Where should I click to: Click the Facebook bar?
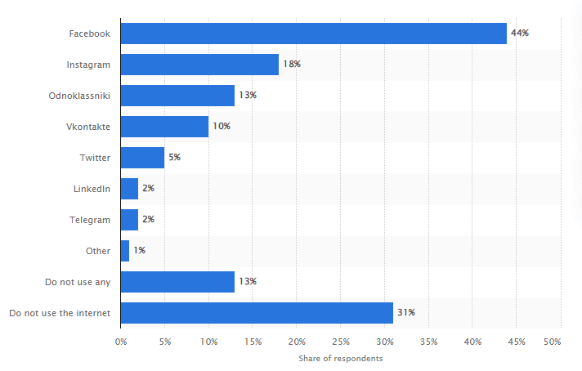pyautogui.click(x=313, y=34)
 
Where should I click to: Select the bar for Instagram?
pyautogui.click(x=199, y=65)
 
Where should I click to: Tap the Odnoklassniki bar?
pyautogui.click(x=177, y=96)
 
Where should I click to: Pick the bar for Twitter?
pyautogui.click(x=142, y=157)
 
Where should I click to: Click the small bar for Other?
pyautogui.click(x=125, y=250)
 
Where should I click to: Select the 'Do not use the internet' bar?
pyautogui.click(x=257, y=312)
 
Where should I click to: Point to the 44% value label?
pyautogui.click(x=520, y=34)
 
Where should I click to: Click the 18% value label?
pyautogui.click(x=291, y=65)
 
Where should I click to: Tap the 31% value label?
pyautogui.click(x=405, y=312)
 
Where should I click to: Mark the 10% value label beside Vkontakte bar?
pyautogui.click(x=221, y=127)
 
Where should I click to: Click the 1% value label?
pyautogui.click(x=139, y=250)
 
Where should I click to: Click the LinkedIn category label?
pyautogui.click(x=92, y=189)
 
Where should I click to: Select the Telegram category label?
pyautogui.click(x=90, y=219)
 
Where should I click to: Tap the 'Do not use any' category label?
pyautogui.click(x=78, y=281)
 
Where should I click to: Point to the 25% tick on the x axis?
pyautogui.click(x=341, y=341)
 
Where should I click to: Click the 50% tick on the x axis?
pyautogui.click(x=552, y=341)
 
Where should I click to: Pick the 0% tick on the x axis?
pyautogui.click(x=121, y=341)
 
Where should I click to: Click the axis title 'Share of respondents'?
pyautogui.click(x=341, y=358)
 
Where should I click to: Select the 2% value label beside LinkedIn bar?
pyautogui.click(x=148, y=189)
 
